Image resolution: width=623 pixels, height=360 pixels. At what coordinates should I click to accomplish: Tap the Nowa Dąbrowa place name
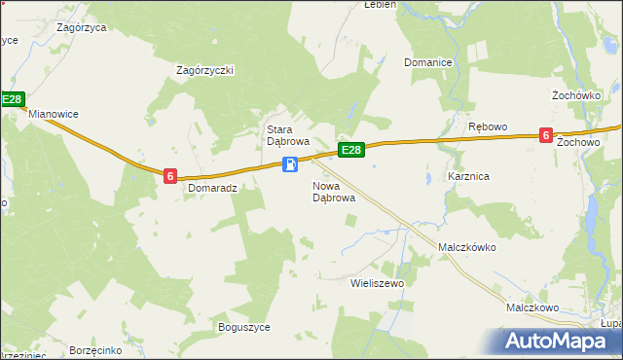click(333, 192)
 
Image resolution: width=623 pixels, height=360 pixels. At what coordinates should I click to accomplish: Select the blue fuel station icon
click(289, 164)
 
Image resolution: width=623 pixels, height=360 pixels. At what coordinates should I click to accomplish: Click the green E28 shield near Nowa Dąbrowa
click(351, 150)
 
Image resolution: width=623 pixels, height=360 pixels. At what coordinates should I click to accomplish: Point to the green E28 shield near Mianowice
click(12, 99)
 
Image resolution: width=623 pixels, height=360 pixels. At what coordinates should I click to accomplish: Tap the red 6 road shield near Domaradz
click(170, 176)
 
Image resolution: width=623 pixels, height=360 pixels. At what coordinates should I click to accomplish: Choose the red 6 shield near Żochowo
click(547, 136)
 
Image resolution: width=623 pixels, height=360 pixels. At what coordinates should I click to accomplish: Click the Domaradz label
click(212, 188)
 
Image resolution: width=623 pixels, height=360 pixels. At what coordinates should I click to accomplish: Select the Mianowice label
click(53, 114)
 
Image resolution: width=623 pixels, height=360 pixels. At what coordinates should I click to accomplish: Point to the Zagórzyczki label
click(205, 70)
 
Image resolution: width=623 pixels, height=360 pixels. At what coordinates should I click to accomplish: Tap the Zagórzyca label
click(82, 28)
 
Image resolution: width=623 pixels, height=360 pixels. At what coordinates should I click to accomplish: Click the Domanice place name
click(428, 63)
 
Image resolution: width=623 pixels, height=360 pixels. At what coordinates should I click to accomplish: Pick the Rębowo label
click(488, 127)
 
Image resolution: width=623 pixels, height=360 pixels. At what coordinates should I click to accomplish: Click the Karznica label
click(468, 177)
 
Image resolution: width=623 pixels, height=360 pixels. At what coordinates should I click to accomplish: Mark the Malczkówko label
click(467, 247)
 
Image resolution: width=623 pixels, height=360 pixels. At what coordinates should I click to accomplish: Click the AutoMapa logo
click(558, 341)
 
